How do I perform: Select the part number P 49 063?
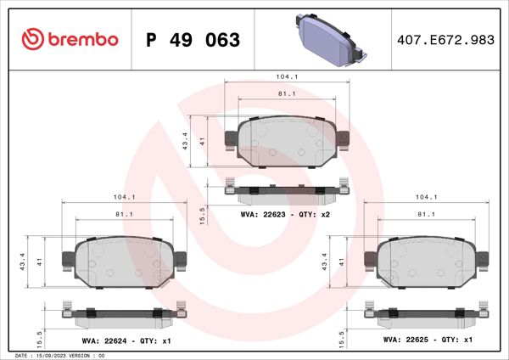(x=194, y=40)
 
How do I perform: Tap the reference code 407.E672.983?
(x=445, y=40)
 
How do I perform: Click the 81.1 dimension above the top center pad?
(x=287, y=93)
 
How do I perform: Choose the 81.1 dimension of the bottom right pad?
(x=427, y=215)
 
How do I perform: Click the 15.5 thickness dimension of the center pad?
(x=200, y=215)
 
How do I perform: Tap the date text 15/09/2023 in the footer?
(x=55, y=355)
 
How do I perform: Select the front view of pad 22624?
(x=124, y=260)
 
